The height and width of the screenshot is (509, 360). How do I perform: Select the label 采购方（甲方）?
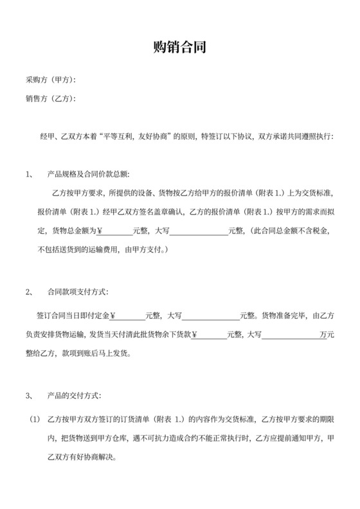pos(50,80)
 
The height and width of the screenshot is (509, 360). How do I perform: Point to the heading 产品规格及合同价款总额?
pos(88,174)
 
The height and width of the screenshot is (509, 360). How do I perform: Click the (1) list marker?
pos(35,420)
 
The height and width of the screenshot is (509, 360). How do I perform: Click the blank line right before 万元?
pos(290,335)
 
